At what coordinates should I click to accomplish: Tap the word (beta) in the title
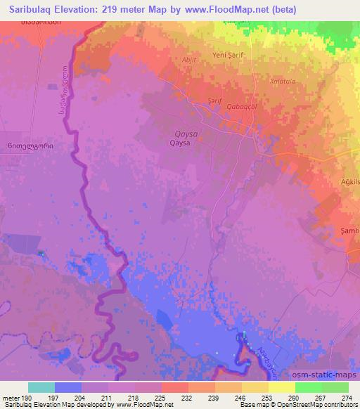(x=281, y=9)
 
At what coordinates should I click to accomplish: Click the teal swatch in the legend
(x=41, y=387)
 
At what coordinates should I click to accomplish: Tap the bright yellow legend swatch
(x=281, y=387)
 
